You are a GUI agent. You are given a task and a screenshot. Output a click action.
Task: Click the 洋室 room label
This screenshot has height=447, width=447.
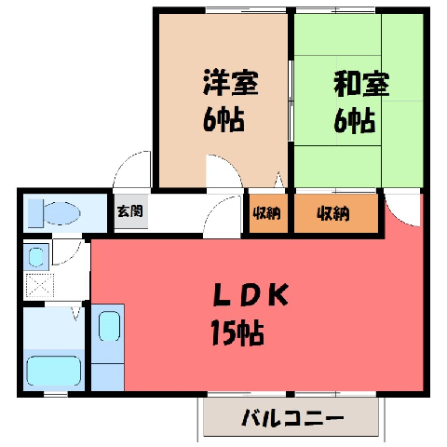pos(231,83)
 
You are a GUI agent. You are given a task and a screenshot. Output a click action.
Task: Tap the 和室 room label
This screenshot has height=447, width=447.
pos(361,84)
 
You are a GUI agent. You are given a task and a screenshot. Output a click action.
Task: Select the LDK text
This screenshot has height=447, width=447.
pos(251,295)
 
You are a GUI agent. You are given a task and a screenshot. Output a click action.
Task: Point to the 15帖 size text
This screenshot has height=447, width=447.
pos(237,333)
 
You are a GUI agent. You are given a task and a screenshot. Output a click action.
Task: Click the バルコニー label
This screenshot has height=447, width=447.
pos(292,418)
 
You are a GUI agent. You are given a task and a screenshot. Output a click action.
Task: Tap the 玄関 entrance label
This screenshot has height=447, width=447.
pos(130,211)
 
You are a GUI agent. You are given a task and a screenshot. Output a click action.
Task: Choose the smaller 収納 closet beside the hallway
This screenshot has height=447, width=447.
pos(266,213)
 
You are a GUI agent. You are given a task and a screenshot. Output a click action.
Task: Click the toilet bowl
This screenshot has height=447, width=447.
pos(62,213)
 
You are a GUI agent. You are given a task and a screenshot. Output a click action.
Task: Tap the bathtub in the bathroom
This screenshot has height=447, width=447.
pos(54,371)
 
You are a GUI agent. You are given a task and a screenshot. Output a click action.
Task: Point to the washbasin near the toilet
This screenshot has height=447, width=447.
pos(36,257)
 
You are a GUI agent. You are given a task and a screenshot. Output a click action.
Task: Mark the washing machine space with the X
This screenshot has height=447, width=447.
pos(40,285)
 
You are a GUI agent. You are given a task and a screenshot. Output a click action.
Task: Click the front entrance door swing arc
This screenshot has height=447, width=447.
pos(124,165)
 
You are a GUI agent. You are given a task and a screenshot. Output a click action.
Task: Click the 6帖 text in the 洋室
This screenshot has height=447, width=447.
pos(223,120)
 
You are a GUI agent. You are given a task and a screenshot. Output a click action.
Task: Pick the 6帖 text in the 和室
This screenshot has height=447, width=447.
pos(355,120)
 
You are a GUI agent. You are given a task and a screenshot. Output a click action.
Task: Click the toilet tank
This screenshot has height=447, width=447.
pos(35,213)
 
